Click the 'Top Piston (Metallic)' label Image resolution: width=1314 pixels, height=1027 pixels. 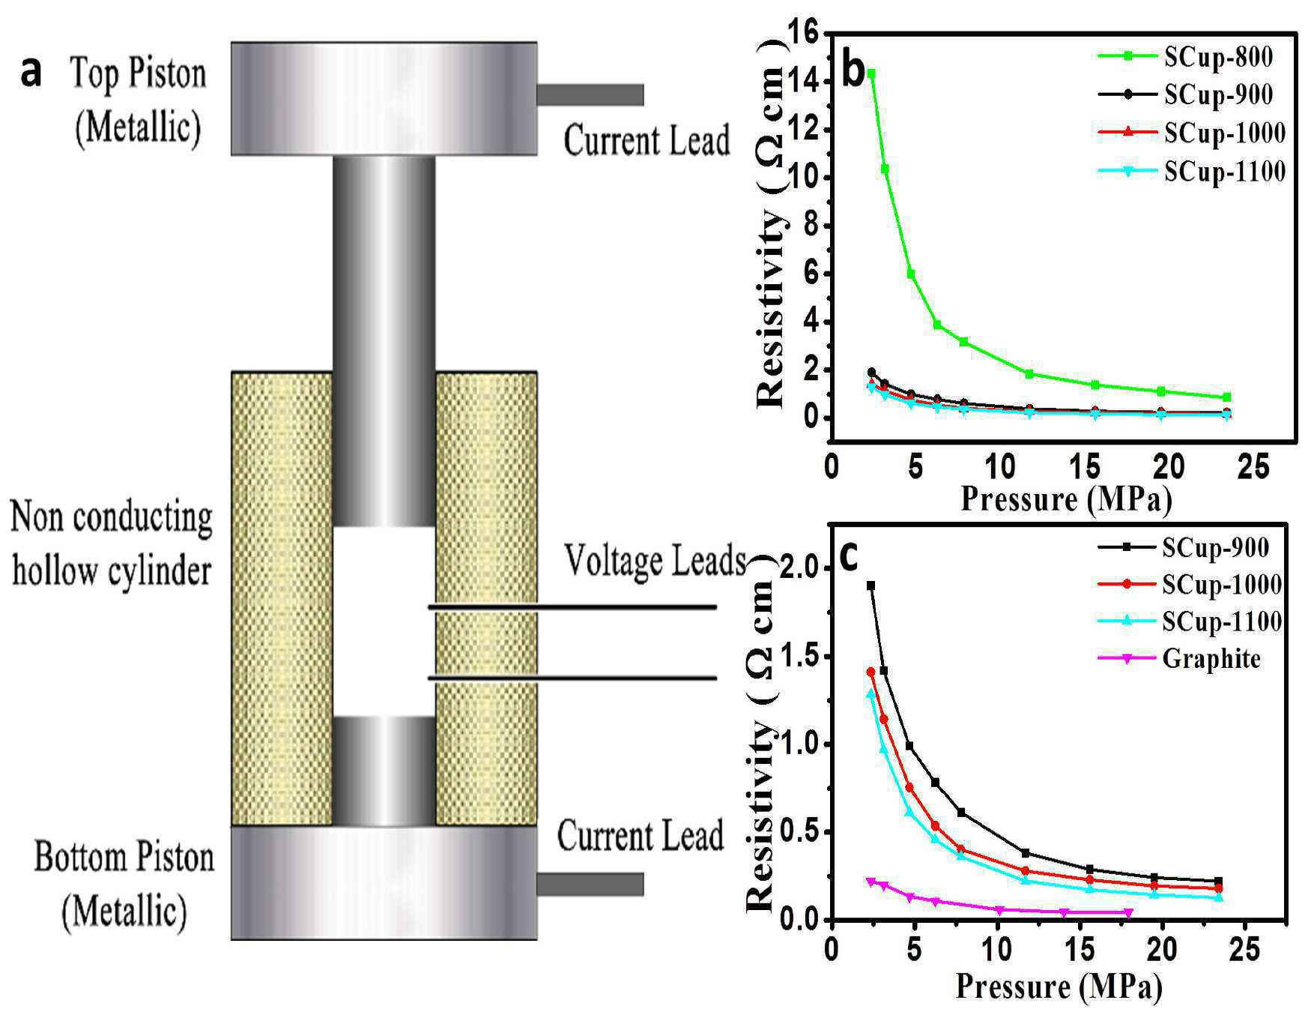139,100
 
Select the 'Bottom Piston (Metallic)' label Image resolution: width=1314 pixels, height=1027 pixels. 124,885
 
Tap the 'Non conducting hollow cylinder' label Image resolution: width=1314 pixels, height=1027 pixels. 112,544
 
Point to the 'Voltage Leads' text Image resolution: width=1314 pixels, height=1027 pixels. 655,561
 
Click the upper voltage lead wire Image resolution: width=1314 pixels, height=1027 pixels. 572,606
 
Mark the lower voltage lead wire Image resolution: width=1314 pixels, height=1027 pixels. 572,678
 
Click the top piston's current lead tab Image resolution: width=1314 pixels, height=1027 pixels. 590,94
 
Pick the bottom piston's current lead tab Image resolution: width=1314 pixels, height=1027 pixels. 590,884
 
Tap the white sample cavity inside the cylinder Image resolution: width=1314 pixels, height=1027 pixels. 384,621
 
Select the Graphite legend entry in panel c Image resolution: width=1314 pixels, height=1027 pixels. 1179,658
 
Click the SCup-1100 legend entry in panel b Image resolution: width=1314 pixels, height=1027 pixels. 1192,172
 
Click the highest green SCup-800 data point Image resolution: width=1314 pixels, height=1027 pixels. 871,73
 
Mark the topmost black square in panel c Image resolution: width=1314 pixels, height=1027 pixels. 871,585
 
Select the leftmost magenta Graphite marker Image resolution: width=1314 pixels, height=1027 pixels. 871,882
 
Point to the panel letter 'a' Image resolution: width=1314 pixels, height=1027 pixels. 31,73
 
